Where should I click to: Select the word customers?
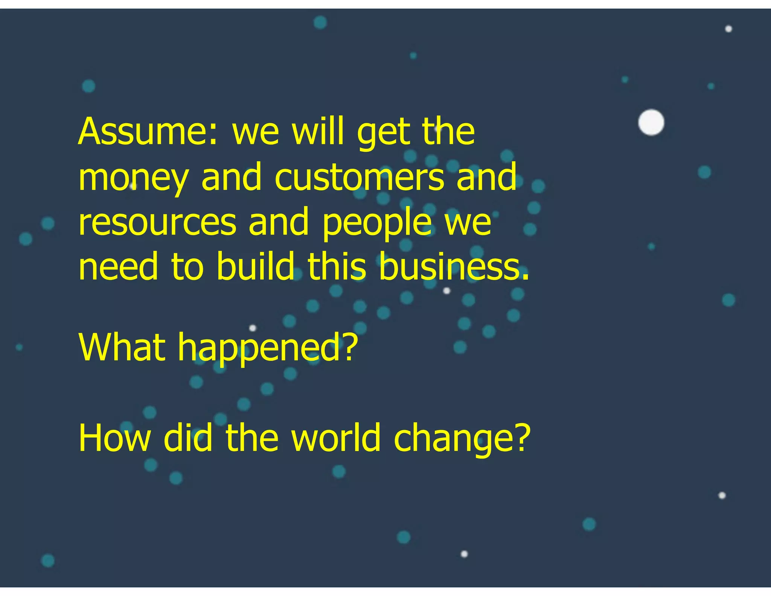[360, 177]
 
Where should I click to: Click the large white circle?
[651, 122]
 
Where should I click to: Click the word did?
[188, 438]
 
